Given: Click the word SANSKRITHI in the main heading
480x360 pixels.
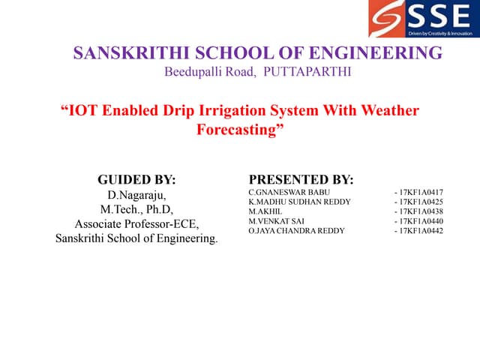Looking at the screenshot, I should (x=132, y=53).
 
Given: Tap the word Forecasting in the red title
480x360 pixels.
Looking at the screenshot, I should (x=240, y=129).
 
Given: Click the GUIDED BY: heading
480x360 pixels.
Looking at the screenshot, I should (x=137, y=180).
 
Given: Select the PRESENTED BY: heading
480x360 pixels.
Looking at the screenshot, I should (x=301, y=180).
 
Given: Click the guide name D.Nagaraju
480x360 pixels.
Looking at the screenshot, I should (x=137, y=196).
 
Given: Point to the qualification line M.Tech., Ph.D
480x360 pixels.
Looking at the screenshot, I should (x=137, y=210).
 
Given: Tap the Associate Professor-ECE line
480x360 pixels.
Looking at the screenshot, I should (x=137, y=224).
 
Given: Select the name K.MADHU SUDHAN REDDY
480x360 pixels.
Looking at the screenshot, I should (x=294, y=202).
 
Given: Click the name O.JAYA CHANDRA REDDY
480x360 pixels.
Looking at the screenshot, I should (x=296, y=231).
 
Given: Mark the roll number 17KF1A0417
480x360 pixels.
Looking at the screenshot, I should (x=421, y=193).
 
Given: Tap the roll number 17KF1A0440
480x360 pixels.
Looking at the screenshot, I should (x=421, y=221).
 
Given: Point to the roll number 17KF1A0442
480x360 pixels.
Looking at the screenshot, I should (x=421, y=231).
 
